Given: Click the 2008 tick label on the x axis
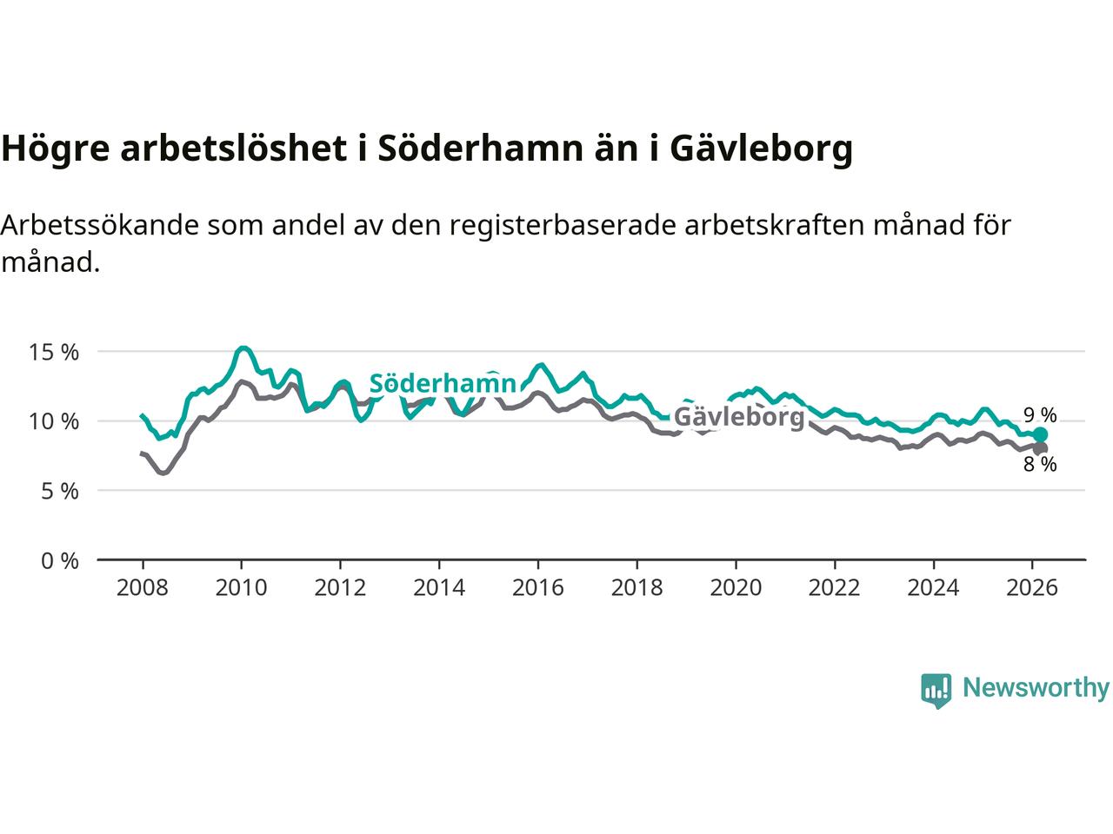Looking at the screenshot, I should pos(142,588).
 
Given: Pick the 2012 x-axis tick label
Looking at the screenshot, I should pos(340,588).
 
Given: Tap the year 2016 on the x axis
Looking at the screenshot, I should pos(538,588).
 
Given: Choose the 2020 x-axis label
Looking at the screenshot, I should pos(736,588).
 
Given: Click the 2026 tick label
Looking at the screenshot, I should pos(1032,588).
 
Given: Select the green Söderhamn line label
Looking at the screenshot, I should pos(443,384).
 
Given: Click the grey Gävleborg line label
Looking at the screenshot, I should pos(739,417).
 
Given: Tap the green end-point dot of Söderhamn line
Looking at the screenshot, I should pos(1040,434).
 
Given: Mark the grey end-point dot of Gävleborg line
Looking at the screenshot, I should pos(1040,448).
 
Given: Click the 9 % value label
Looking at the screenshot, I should pos(1039,415).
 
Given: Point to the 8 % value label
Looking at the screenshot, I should pos(1039,465).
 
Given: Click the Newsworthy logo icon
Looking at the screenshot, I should pos(936,690).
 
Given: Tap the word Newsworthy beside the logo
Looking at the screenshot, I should pos(1036,688).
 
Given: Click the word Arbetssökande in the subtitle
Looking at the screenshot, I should pos(99,225).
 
